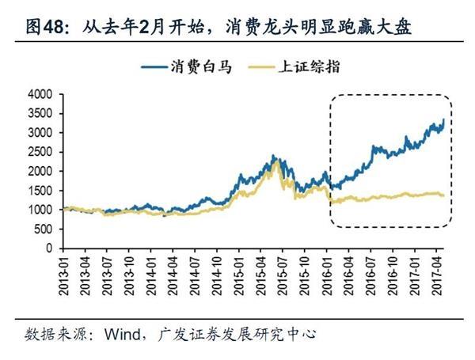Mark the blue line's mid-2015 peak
[272, 156]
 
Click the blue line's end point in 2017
[443, 119]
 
